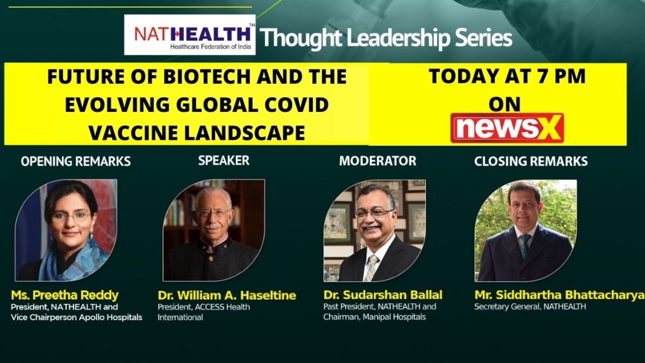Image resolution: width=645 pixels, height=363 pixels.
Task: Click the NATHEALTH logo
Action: point(190,35)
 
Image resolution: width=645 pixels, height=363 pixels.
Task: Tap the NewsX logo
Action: point(507,128)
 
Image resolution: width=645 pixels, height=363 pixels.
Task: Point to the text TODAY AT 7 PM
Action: point(507,76)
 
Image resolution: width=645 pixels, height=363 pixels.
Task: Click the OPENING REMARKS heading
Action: point(76,161)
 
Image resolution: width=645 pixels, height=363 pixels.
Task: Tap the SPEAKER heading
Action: point(224,160)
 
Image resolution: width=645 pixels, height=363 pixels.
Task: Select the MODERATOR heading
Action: point(377,161)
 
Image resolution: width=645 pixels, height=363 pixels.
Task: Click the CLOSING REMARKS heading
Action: point(531,161)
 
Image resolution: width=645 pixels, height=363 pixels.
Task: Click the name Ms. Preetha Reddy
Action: point(65,295)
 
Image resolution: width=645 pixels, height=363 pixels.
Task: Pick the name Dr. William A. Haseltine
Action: point(227,295)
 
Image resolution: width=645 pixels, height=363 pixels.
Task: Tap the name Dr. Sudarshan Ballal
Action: point(383,295)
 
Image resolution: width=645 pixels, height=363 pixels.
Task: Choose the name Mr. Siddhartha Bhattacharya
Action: point(560,295)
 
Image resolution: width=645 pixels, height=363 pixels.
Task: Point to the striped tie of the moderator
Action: point(371,268)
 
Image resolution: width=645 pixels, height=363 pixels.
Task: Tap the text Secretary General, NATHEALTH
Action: point(530,307)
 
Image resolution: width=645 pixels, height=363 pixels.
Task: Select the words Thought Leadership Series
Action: point(386,38)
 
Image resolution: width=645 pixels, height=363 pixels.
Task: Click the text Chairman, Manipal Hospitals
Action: point(374,317)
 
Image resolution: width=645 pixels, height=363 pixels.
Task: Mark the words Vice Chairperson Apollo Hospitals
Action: point(76,317)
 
